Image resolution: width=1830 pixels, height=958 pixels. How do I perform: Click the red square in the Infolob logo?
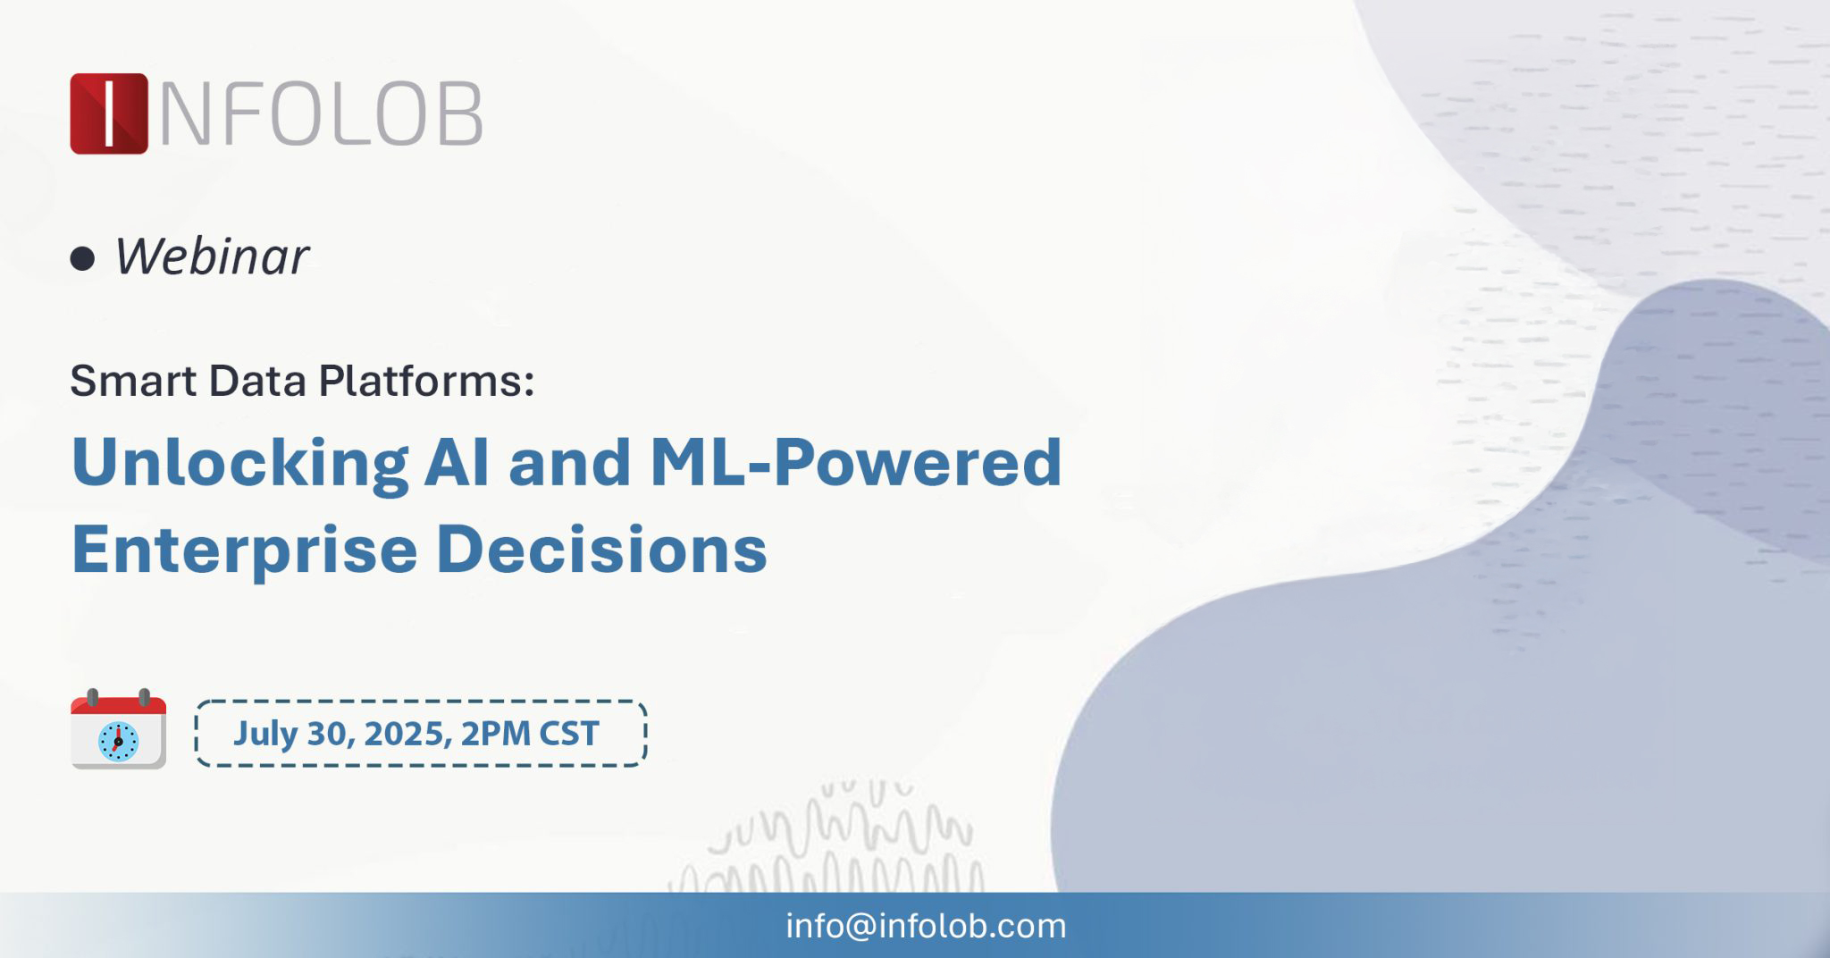click(x=109, y=113)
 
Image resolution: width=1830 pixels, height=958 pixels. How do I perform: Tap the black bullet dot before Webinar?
click(x=82, y=259)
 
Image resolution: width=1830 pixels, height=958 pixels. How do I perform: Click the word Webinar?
click(x=212, y=256)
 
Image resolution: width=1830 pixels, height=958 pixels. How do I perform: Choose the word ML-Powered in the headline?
click(x=856, y=462)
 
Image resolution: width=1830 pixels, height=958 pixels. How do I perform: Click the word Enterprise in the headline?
click(x=244, y=550)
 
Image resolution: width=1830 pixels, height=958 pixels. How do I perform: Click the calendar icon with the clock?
click(x=118, y=729)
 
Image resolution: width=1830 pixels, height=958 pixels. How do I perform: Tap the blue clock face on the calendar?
click(x=118, y=742)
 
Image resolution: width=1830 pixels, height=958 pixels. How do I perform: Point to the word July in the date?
click(x=265, y=735)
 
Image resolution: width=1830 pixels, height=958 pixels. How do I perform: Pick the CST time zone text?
click(x=569, y=734)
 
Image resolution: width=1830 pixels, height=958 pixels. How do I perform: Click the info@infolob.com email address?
click(x=926, y=926)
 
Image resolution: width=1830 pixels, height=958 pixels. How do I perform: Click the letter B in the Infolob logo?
click(x=459, y=114)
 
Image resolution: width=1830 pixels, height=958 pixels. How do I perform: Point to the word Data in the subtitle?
click(x=258, y=381)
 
